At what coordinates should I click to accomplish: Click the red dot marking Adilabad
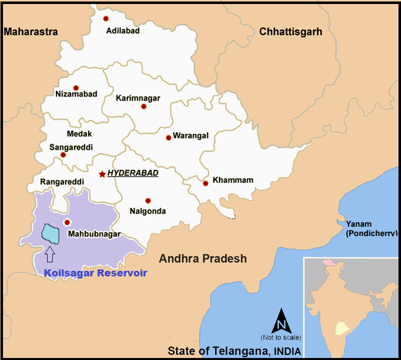point(106,19)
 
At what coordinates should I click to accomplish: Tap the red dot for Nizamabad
point(76,88)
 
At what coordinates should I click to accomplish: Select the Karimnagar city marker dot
point(144,107)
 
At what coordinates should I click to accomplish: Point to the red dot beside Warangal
point(168,138)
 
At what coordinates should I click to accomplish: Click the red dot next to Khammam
point(206,183)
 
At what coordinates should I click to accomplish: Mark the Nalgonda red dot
point(148,200)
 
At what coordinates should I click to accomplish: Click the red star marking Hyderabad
point(102,174)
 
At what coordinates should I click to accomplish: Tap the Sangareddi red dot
point(63,155)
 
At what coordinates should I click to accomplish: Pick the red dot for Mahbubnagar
point(67,222)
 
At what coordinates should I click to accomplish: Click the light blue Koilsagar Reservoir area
point(50,233)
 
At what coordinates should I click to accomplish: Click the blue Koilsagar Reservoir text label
point(95,273)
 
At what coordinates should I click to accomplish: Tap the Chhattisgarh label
point(290,32)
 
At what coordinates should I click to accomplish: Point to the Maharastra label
point(31,32)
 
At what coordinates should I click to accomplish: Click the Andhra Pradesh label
point(203,259)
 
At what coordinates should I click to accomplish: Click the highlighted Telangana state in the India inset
point(342,327)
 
